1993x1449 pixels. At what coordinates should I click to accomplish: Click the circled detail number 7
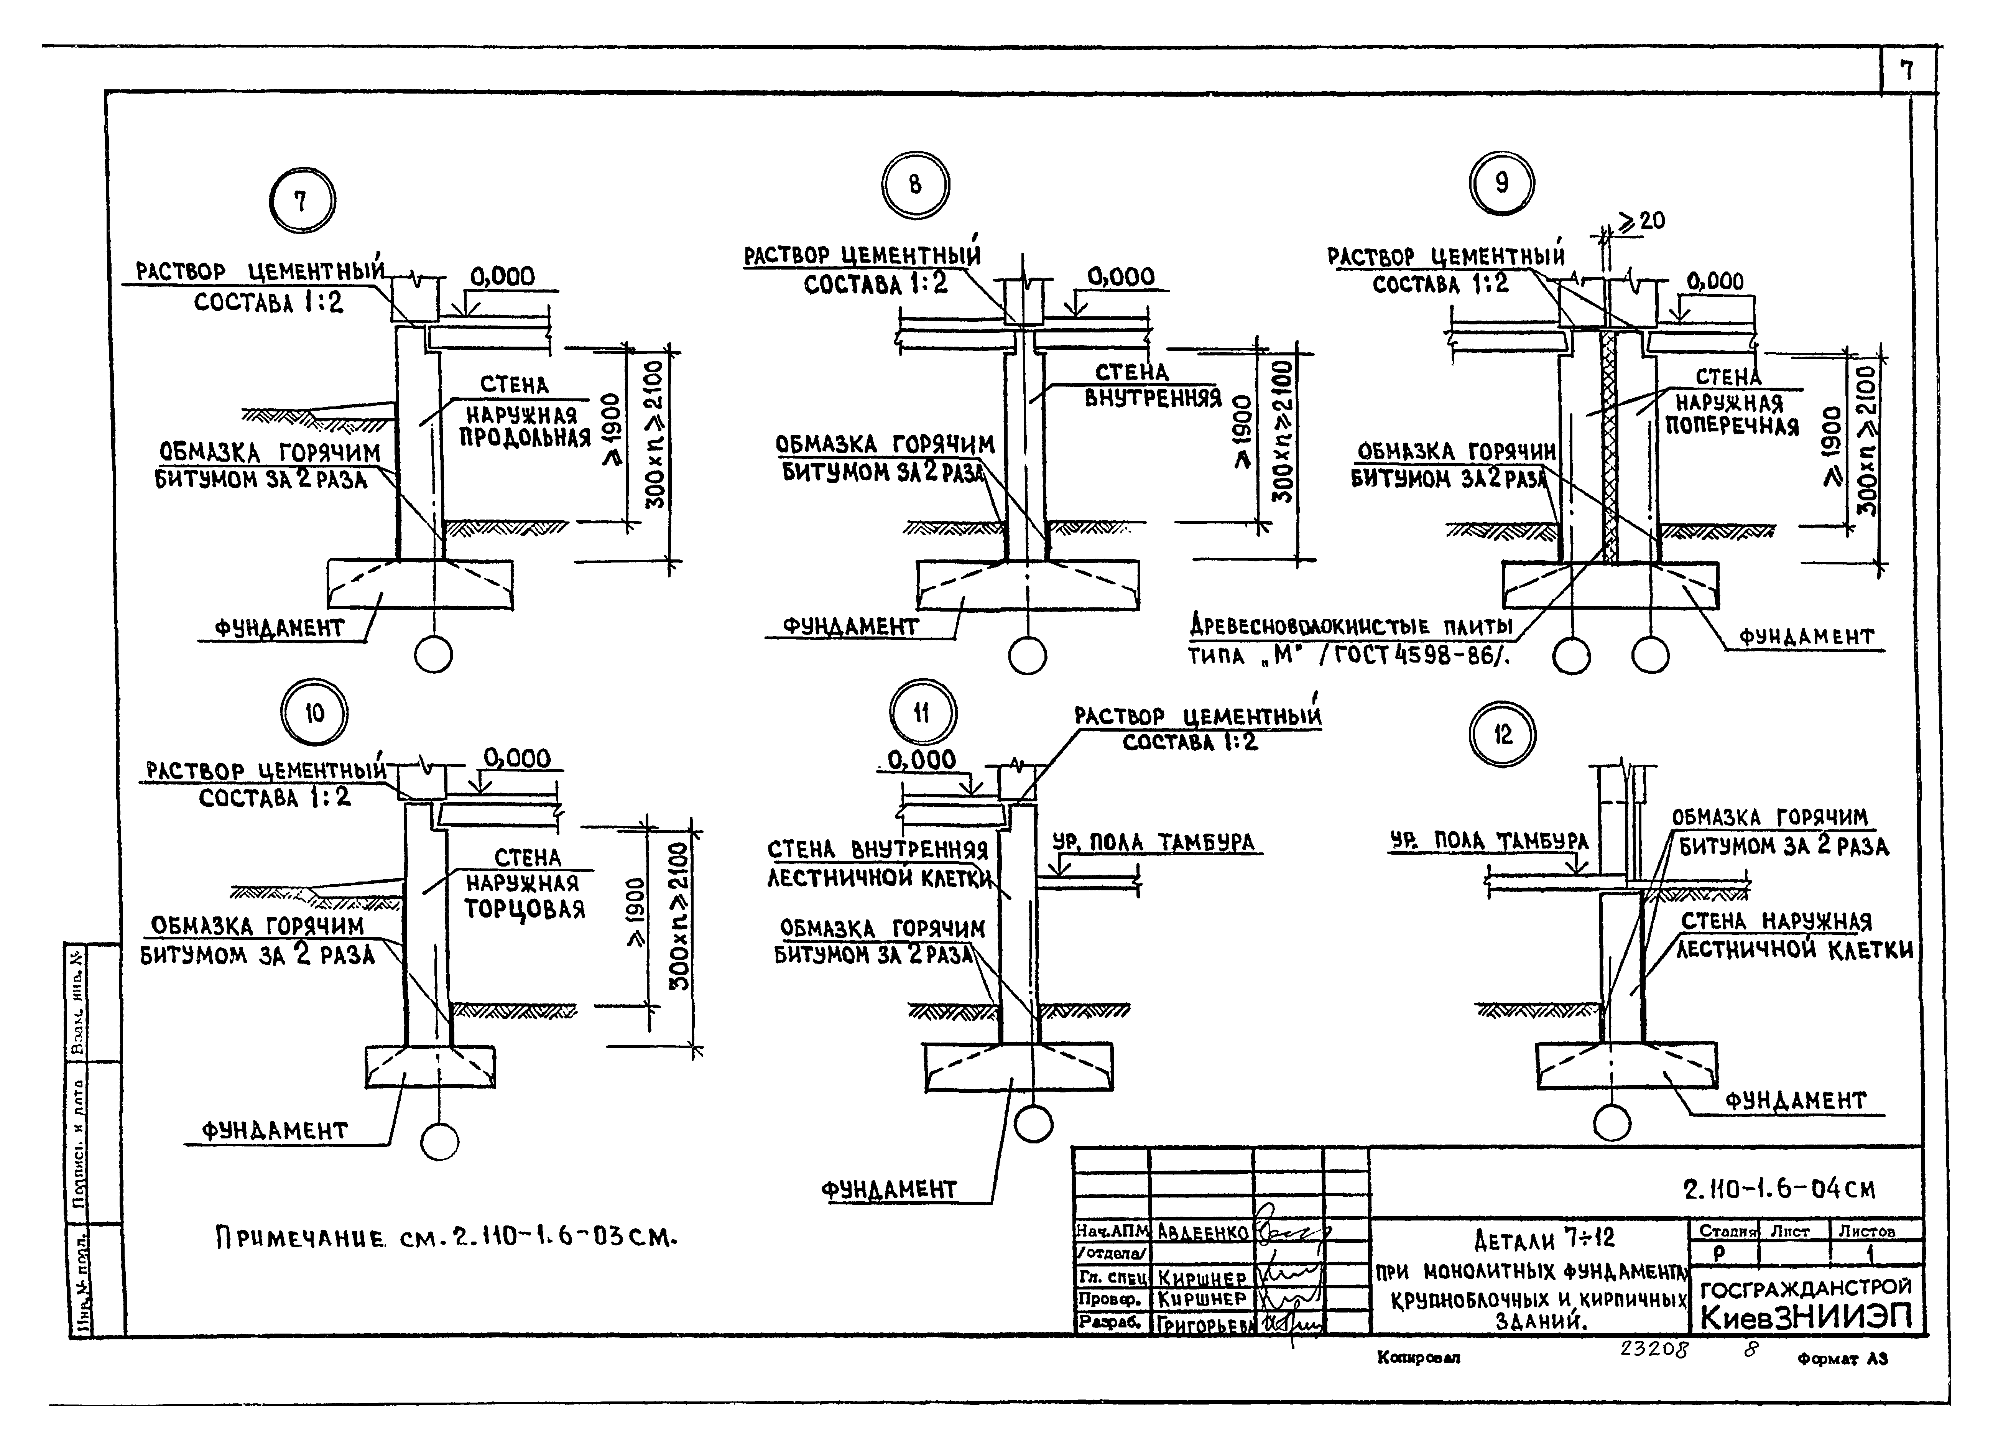[301, 201]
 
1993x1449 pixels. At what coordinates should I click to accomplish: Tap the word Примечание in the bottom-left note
[299, 1239]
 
